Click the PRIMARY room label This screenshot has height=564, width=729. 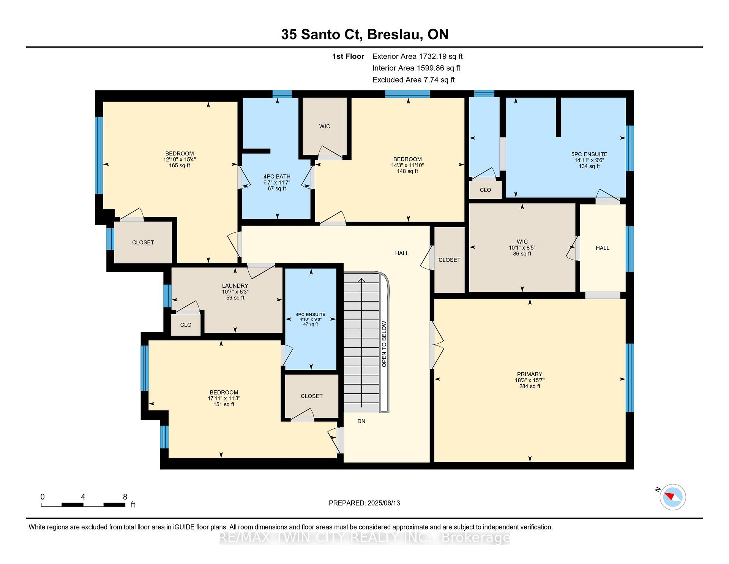point(529,374)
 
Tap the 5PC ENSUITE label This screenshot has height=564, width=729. point(589,154)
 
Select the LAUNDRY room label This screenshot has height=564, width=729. point(235,286)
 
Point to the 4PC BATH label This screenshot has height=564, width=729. point(277,176)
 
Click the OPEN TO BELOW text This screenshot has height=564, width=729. point(384,344)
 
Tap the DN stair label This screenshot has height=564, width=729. point(361,421)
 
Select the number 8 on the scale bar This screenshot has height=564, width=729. point(125,497)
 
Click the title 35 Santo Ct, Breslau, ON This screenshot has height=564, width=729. point(364,34)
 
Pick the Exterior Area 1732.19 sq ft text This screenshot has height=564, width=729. point(417,56)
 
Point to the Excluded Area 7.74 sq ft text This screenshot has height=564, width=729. point(413,80)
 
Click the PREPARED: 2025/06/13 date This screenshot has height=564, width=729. point(364,503)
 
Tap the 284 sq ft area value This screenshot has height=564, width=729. point(530,386)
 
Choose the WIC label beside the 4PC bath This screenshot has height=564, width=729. point(324,126)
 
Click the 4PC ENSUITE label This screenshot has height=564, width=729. point(311,315)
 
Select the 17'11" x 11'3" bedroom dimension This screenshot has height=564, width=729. point(224,398)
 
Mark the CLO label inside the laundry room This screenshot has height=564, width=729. point(186,325)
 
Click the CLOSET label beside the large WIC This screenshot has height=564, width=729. point(449,260)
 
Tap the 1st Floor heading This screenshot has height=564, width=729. point(348,57)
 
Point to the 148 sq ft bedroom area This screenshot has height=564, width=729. point(407,171)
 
